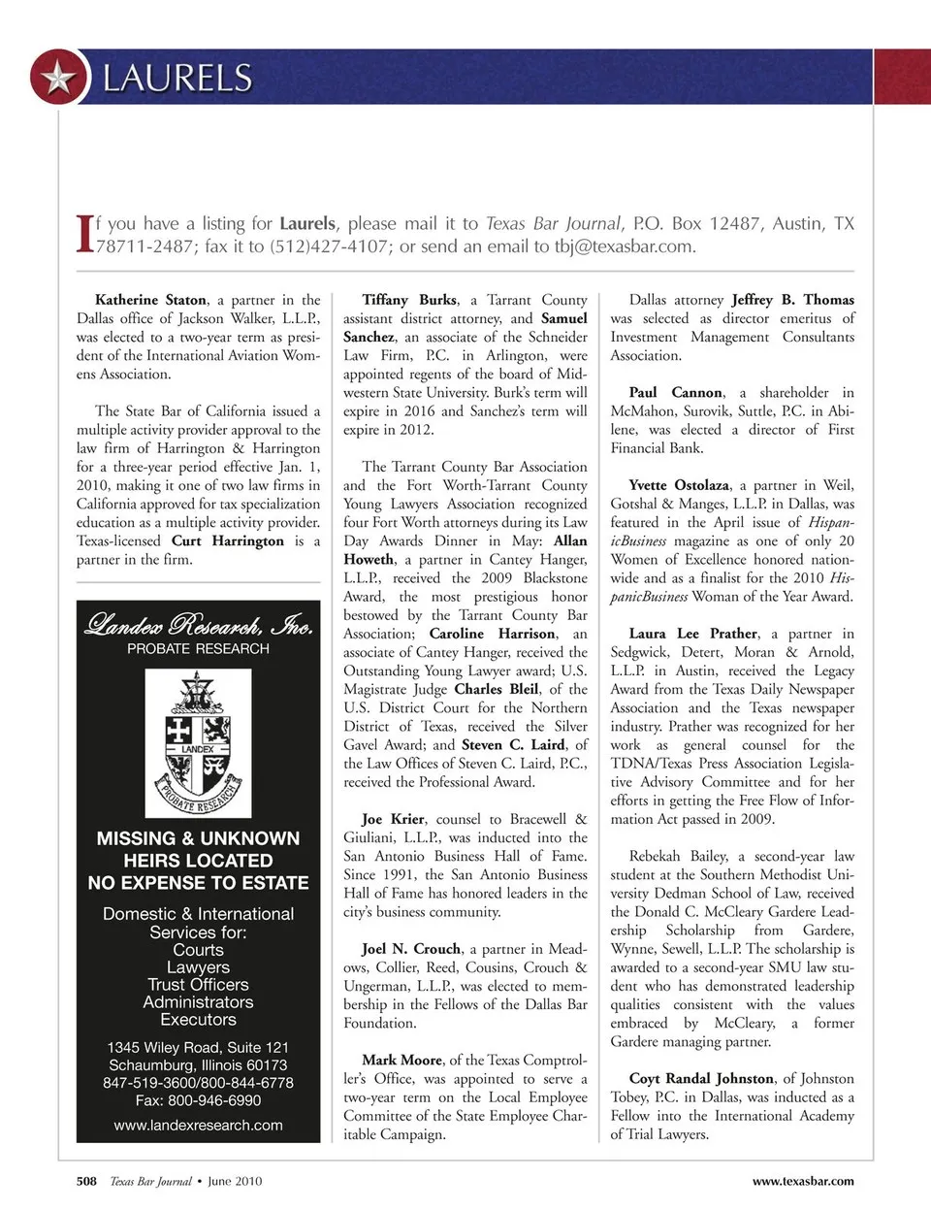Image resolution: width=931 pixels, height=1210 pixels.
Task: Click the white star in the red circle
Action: [59, 78]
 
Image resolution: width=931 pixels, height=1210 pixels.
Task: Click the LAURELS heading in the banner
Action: [177, 78]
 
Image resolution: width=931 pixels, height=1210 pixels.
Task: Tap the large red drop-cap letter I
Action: [84, 234]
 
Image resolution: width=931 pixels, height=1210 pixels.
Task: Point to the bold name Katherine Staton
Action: [150, 300]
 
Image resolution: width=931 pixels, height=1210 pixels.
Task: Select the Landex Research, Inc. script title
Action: [198, 624]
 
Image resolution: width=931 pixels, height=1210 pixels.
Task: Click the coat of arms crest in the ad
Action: [198, 742]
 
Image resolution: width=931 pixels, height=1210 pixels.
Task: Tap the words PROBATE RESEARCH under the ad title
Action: [198, 649]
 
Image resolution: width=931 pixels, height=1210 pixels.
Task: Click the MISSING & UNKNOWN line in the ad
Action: [198, 838]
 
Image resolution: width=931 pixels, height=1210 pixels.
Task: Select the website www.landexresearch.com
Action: [198, 1126]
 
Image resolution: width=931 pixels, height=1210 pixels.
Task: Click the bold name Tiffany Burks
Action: [409, 300]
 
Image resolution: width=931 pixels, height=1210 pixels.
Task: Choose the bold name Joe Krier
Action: [393, 819]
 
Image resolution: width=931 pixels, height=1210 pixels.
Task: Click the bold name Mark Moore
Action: [402, 1060]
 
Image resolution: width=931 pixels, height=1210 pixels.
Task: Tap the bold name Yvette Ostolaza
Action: [679, 485]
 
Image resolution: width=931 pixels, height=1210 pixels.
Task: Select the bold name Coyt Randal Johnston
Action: [701, 1078]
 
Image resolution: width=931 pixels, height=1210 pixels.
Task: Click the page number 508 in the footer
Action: [86, 1181]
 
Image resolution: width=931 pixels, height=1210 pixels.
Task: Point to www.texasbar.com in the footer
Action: [803, 1181]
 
